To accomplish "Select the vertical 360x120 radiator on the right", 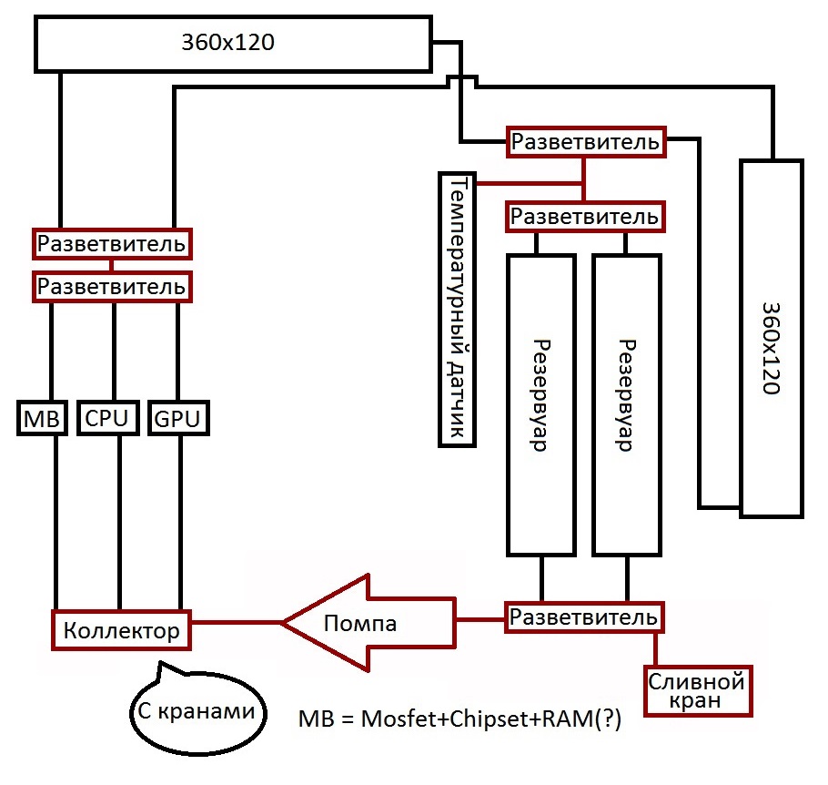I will (772, 339).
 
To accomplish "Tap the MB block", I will (40, 418).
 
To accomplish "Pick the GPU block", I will (177, 418).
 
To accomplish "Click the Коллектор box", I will (121, 628).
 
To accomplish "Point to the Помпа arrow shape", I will (364, 623).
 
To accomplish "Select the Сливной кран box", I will (697, 691).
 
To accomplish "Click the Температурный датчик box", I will (457, 309).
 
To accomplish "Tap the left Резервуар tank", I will (540, 404).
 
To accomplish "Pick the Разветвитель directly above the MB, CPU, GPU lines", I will (112, 287).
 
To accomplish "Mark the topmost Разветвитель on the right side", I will (584, 142).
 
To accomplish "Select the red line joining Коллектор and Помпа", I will (237, 623).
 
